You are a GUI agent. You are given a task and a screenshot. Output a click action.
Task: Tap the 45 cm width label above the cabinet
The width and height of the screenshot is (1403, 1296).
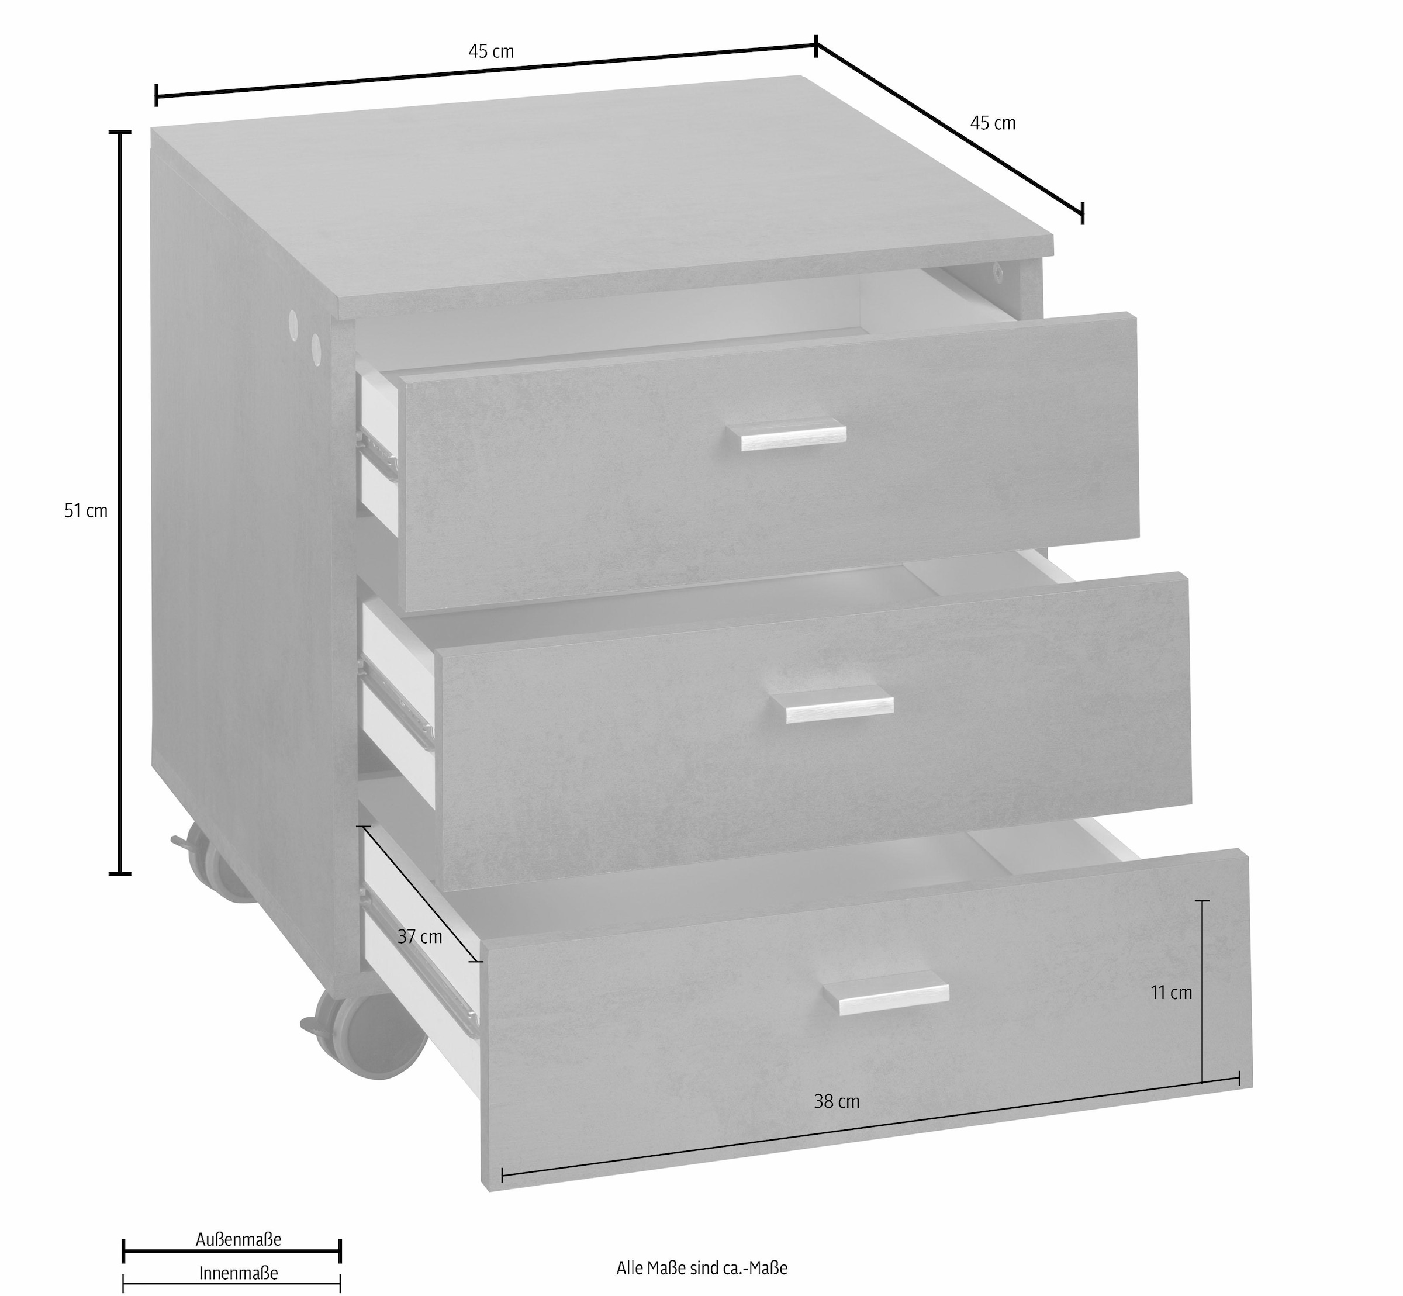coord(491,52)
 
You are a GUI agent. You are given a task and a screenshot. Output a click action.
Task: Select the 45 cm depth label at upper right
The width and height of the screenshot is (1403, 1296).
coord(992,123)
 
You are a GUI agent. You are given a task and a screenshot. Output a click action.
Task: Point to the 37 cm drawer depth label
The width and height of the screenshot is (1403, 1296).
coord(419,936)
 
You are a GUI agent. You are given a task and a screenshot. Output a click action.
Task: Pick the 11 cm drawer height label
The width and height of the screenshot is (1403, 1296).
coord(1171,993)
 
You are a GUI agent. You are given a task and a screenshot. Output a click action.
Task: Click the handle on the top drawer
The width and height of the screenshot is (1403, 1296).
coord(793,434)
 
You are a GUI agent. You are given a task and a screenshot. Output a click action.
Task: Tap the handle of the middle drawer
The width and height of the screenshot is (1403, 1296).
coord(839,709)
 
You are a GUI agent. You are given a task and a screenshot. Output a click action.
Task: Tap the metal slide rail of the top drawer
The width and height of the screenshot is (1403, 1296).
coord(379,453)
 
